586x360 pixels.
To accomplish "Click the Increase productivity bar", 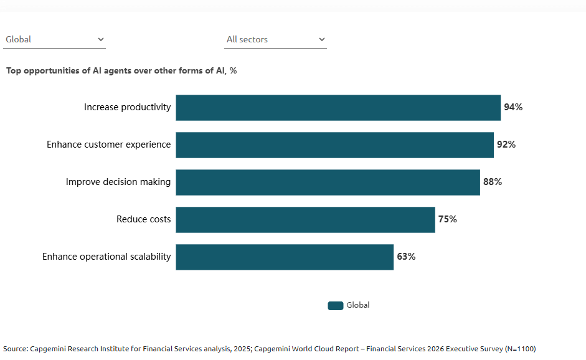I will [338, 107].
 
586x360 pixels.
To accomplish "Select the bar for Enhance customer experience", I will [334, 144].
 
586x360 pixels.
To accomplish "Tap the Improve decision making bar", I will [328, 182].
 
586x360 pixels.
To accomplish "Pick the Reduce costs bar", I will [305, 219].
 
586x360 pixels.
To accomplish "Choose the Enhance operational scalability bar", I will [285, 257].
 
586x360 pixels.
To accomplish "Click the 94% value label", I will [513, 107].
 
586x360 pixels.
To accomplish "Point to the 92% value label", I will [506, 144].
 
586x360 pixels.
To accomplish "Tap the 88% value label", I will [493, 182].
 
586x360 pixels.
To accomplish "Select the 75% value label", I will [447, 219].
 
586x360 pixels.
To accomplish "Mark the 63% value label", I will [406, 257].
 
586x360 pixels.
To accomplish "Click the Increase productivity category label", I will [127, 107].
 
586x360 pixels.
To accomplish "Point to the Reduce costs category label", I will [143, 219].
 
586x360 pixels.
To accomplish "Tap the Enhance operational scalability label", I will [106, 257].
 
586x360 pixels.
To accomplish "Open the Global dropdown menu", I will [54, 39].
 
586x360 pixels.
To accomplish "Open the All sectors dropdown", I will [275, 39].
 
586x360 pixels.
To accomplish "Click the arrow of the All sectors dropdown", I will [322, 39].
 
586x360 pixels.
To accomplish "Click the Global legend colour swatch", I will [336, 305].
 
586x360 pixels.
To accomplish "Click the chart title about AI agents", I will [121, 70].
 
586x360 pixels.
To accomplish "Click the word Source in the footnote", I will [15, 349].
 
